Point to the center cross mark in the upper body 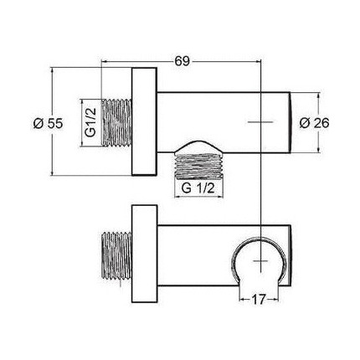click(263, 122)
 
